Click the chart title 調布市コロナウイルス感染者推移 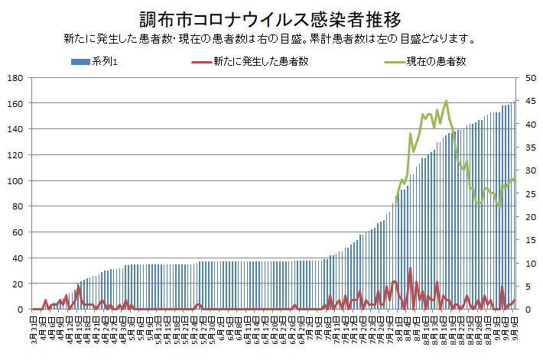(271, 18)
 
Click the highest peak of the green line (446, 101)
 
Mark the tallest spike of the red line (411, 268)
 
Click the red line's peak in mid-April (78, 287)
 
